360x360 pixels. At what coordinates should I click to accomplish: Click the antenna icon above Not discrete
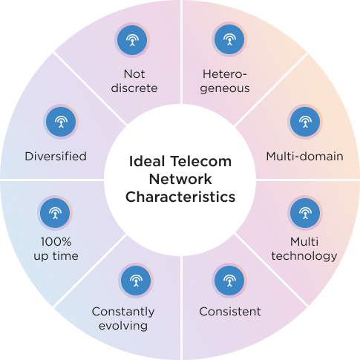point(132,40)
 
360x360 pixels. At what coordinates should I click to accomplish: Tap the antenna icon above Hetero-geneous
point(229,39)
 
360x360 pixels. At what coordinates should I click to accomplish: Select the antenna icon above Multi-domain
point(305,122)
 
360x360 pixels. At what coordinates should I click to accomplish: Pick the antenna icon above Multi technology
point(305,213)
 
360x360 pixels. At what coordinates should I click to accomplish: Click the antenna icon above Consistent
point(229,281)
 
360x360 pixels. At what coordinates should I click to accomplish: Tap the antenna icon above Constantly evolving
point(136,281)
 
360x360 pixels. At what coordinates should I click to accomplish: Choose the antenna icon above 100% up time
point(55,213)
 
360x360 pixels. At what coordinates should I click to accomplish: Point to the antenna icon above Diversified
point(61,122)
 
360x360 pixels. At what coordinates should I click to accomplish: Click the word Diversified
point(56,157)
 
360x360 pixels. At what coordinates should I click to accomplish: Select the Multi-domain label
point(305,157)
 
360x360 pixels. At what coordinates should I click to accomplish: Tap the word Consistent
point(230,312)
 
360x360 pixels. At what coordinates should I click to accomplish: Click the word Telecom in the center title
point(201,161)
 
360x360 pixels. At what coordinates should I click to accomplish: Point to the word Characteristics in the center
point(180,197)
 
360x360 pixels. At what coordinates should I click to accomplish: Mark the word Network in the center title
point(180,179)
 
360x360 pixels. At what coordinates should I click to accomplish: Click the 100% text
point(56,242)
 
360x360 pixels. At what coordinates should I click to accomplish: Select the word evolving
point(123,326)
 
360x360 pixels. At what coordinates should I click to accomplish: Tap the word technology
point(304,256)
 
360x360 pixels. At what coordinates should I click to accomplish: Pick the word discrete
point(134,88)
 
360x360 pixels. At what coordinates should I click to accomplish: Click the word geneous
point(225,88)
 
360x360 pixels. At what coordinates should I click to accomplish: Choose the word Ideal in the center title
point(147,161)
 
